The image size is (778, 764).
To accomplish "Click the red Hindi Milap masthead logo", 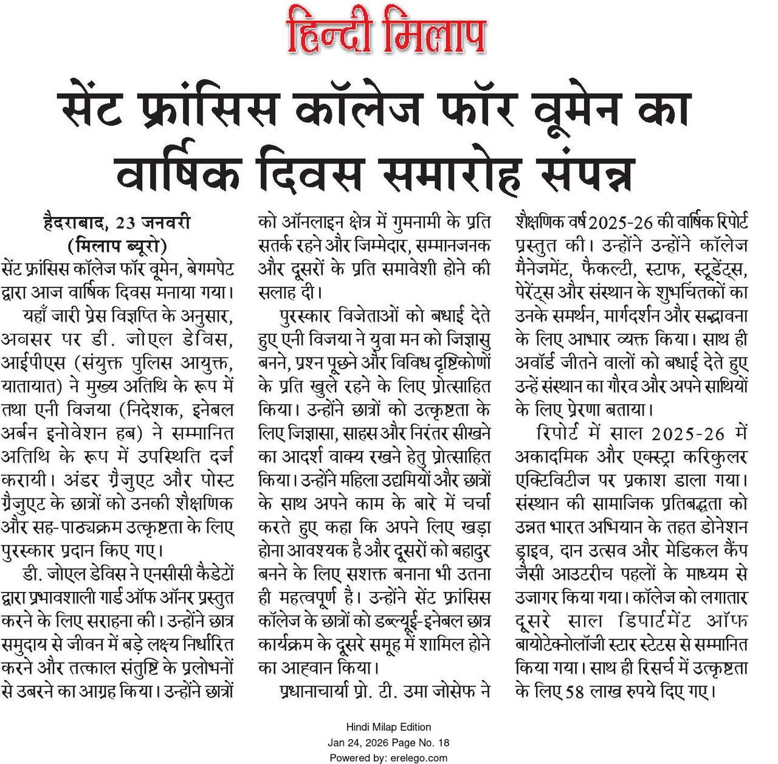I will pyautogui.click(x=387, y=30).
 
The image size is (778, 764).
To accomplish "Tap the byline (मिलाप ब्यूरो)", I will pyautogui.click(x=117, y=245).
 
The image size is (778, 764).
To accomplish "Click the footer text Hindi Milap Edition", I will pyautogui.click(x=388, y=727).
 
